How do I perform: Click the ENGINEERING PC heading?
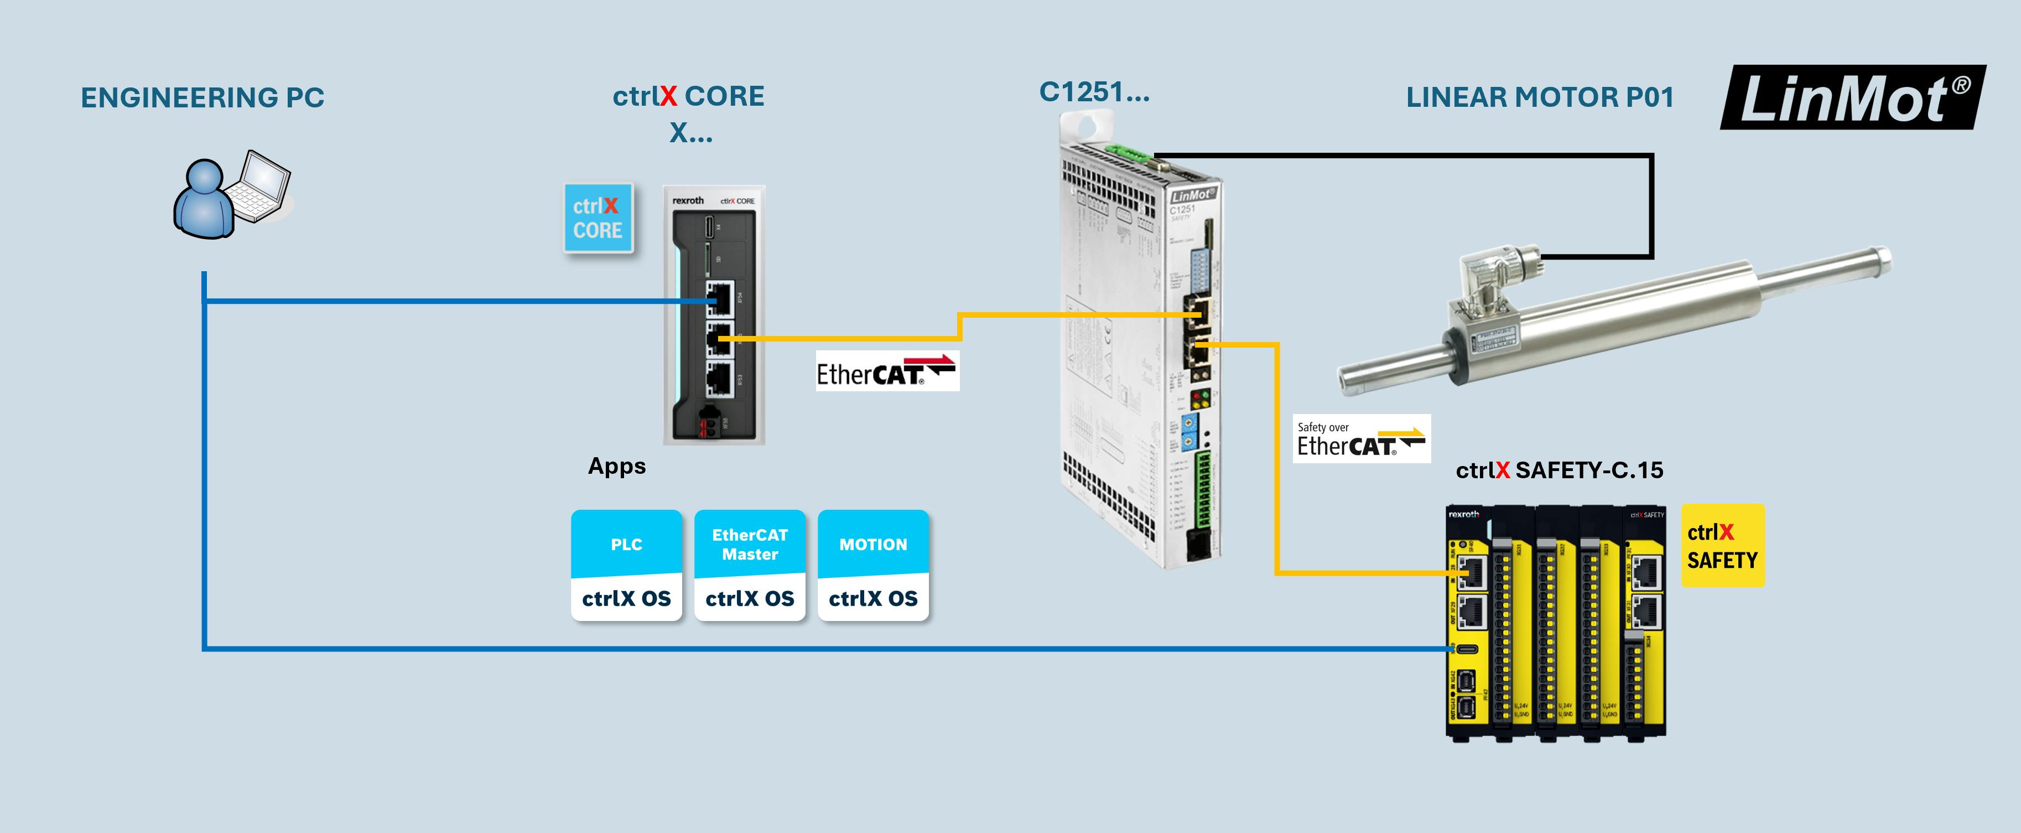[202, 98]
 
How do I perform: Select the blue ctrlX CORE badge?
[598, 218]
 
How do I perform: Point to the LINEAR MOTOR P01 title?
[1539, 97]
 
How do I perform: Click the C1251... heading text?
[1094, 92]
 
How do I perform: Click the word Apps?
[617, 467]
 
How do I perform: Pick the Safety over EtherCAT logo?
[1361, 439]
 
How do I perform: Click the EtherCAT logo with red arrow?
[886, 371]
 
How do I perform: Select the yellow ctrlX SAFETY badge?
[1722, 546]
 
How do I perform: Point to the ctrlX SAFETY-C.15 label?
[1559, 470]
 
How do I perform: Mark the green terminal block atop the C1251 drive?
[1128, 152]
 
